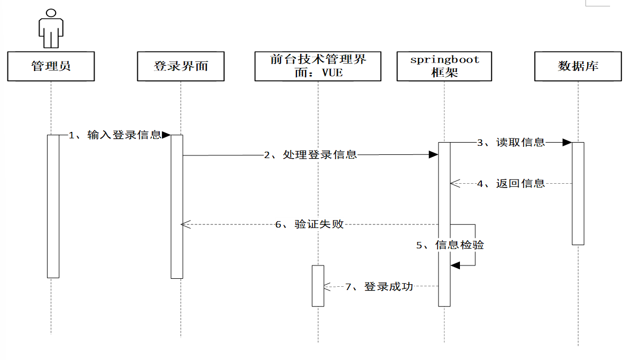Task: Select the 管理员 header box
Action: pos(51,66)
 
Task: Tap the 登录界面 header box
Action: pos(181,66)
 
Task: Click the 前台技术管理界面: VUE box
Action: pos(318,66)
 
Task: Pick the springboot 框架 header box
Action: pos(444,66)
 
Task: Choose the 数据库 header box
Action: pos(578,66)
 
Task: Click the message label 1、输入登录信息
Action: pos(115,135)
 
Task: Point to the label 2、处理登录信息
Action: pos(310,155)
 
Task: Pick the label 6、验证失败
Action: pos(309,225)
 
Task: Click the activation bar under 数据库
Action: pos(578,193)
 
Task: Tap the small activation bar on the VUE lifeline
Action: pos(318,285)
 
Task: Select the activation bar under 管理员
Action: pos(53,206)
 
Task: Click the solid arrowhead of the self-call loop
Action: pos(455,265)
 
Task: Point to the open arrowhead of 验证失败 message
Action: pos(186,225)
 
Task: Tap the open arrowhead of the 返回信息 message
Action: pos(455,183)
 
